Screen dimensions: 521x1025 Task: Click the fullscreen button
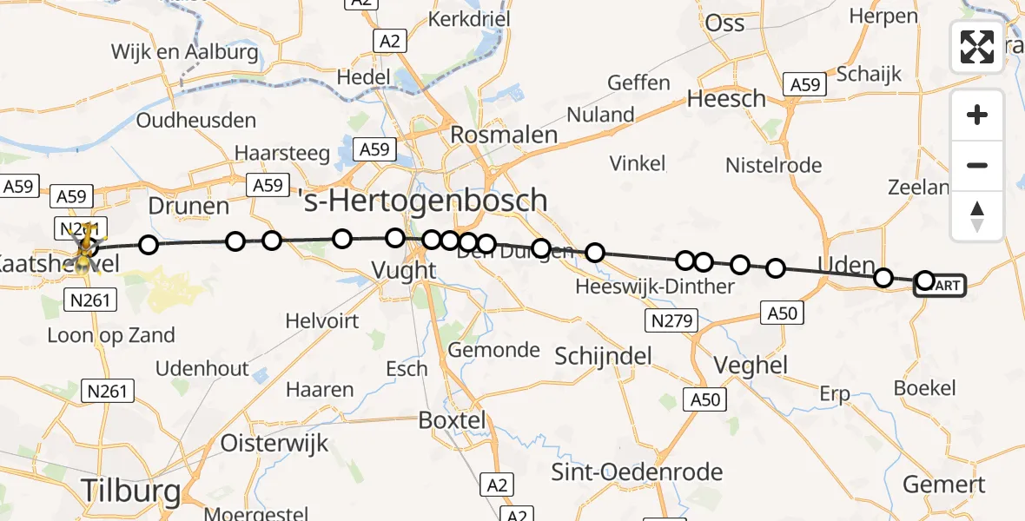pyautogui.click(x=977, y=46)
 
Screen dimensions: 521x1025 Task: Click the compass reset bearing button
pyautogui.click(x=977, y=216)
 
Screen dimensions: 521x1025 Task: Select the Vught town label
pyautogui.click(x=404, y=270)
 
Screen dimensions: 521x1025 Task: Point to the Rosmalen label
pyautogui.click(x=504, y=135)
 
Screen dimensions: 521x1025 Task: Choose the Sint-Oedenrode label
pyautogui.click(x=638, y=472)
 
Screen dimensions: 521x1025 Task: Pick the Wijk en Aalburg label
pyautogui.click(x=185, y=52)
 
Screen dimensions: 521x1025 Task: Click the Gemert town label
pyautogui.click(x=944, y=484)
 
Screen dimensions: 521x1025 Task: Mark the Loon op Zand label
pyautogui.click(x=111, y=335)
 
